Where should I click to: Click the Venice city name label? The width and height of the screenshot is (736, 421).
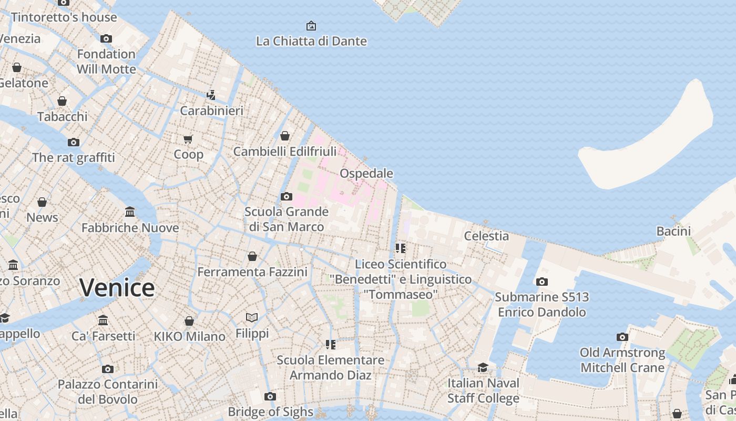[x=117, y=288]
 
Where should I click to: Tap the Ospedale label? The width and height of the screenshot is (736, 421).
[x=366, y=173]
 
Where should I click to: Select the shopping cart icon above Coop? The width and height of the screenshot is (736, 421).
[x=188, y=139]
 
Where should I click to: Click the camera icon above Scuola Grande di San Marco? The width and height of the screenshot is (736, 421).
[x=287, y=196]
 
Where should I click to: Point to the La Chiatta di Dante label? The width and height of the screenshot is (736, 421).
[x=311, y=41]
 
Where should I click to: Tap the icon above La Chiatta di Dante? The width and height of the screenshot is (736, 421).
[x=311, y=25]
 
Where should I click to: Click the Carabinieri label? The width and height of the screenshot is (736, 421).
[x=211, y=111]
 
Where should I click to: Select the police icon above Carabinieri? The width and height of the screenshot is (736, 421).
[x=211, y=95]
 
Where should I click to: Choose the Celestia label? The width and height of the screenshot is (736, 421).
[x=486, y=236]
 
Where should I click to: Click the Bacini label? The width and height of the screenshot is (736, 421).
[x=673, y=231]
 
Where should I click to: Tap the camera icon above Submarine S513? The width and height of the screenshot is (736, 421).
[x=542, y=282]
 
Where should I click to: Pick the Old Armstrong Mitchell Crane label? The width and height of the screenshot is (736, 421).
[x=622, y=360]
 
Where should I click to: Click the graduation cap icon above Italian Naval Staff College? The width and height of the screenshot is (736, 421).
[x=483, y=367]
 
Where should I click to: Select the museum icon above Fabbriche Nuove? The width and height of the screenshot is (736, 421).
[x=130, y=212]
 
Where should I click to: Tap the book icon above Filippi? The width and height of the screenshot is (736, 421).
[x=252, y=317]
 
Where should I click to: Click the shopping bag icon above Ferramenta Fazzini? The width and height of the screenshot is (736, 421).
[x=252, y=256]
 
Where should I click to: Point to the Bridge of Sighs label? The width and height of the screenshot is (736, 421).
[x=270, y=412]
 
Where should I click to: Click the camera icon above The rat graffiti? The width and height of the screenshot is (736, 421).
[x=74, y=142]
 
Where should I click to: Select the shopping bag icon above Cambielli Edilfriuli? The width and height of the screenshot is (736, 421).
[x=285, y=136]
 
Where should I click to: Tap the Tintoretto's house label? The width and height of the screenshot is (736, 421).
[x=64, y=17]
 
